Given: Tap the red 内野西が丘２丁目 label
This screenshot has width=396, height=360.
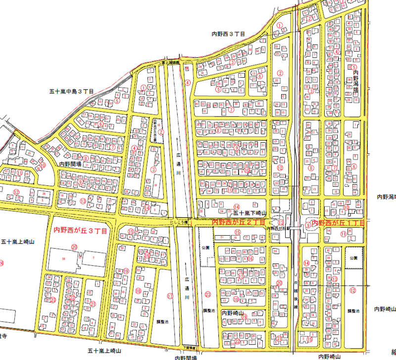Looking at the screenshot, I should pyautogui.click(x=238, y=223).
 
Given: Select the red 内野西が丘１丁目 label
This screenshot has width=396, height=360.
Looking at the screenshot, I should pyautogui.click(x=338, y=223).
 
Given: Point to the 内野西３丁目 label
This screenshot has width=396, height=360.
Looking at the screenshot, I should pyautogui.click(x=229, y=34).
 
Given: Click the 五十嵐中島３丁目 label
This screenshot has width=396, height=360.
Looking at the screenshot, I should pyautogui.click(x=71, y=91).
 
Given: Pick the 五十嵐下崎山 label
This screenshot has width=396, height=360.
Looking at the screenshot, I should pyautogui.click(x=249, y=212).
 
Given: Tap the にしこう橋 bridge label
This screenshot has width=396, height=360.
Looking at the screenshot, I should pyautogui.click(x=178, y=223).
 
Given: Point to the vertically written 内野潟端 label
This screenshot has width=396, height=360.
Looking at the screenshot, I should pyautogui.click(x=355, y=81).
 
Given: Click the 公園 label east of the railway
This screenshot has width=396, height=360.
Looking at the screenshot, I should pyautogui.click(x=352, y=258).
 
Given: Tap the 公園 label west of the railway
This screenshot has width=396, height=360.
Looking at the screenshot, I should pyautogui.click(x=206, y=246).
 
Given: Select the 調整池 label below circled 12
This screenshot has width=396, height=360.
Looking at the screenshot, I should pyautogui.click(x=352, y=310).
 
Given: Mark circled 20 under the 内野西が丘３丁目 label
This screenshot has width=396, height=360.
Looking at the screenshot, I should pyautogui.click(x=75, y=247).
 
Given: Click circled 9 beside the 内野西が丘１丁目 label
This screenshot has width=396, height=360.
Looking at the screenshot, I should pyautogui.click(x=307, y=225).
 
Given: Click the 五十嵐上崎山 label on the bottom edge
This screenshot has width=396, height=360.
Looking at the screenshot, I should pyautogui.click(x=104, y=350).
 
